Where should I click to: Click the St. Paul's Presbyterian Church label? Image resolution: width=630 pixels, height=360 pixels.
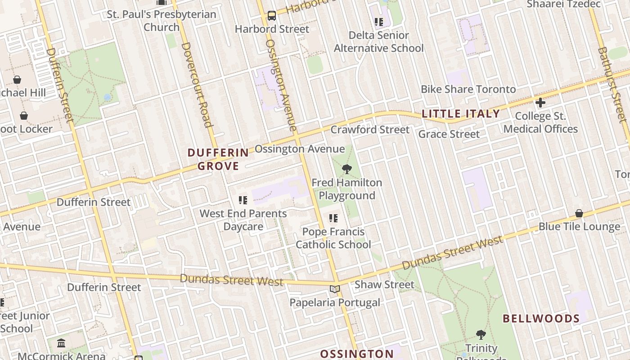(x=162, y=21)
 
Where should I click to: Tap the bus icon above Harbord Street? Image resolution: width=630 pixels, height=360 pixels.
(x=272, y=16)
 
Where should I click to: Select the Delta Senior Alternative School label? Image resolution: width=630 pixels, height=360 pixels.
(x=378, y=41)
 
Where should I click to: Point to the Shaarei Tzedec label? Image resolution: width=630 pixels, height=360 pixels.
(x=563, y=4)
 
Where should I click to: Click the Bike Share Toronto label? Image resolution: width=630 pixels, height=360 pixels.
(x=468, y=89)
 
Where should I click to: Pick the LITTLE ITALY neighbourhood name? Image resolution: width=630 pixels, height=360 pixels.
(x=461, y=114)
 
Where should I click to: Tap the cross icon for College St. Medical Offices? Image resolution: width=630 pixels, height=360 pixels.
(x=540, y=103)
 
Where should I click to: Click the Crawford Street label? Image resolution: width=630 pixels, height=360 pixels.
(x=370, y=130)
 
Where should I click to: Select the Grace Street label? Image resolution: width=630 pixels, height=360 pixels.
(x=449, y=134)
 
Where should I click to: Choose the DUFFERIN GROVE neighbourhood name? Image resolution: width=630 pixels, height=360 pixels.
(x=218, y=159)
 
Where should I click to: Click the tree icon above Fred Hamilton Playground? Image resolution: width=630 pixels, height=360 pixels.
(x=346, y=169)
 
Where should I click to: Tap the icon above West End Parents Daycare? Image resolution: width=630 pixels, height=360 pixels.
(x=243, y=200)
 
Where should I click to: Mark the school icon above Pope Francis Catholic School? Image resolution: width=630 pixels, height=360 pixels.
(x=333, y=218)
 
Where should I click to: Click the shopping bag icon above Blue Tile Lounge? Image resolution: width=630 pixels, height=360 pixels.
(x=579, y=213)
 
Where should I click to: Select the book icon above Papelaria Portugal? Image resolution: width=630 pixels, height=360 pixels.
(x=334, y=289)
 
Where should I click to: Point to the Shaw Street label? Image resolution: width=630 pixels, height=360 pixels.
(x=384, y=284)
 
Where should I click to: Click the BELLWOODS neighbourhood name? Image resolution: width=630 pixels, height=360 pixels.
(x=541, y=319)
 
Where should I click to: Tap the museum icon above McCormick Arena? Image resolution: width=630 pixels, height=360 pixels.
(x=61, y=344)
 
